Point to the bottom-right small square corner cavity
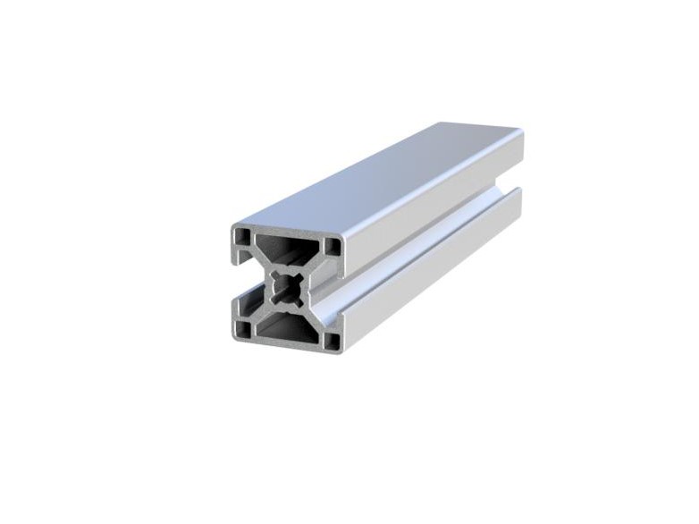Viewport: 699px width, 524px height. [x=332, y=340]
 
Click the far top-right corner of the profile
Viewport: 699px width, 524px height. [x=523, y=134]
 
